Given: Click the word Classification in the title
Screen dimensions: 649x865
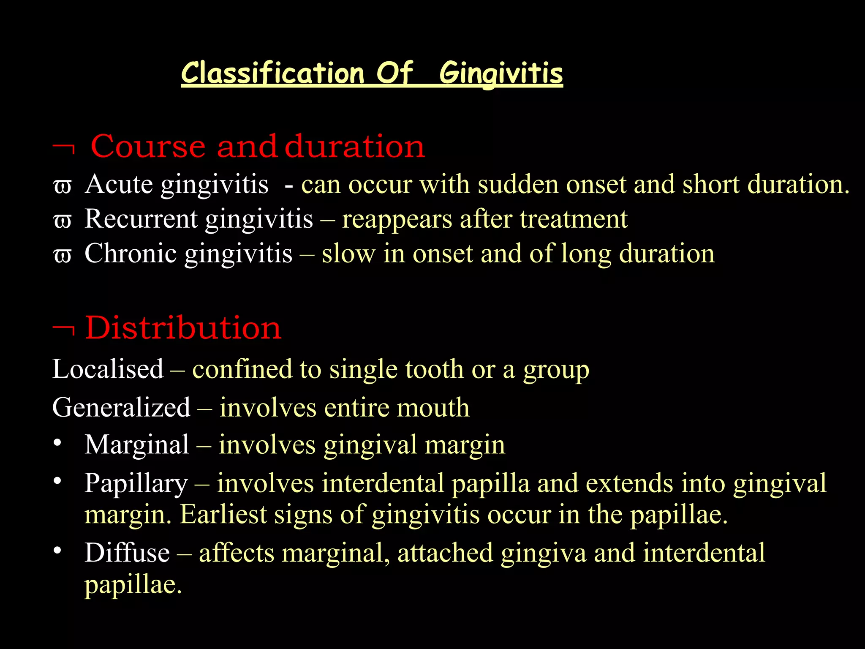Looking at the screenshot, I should coord(272,73).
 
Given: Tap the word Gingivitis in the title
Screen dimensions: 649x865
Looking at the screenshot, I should coord(501,74).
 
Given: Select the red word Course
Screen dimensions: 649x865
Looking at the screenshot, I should coord(148,146).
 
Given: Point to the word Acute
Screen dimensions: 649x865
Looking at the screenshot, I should coord(119,184).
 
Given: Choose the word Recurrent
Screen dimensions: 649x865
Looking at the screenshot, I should coord(141,219).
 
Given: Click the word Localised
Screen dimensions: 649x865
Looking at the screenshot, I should coord(108,369).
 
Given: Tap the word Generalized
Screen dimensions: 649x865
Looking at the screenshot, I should coord(121,407).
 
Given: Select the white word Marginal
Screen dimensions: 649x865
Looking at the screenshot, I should coord(137,445).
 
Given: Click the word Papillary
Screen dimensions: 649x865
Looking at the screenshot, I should coord(136,483).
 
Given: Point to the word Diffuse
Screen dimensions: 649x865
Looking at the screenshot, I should coord(127,553).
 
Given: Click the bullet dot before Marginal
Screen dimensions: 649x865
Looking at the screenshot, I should coord(58,443).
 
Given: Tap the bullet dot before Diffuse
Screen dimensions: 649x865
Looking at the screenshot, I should coord(58,551).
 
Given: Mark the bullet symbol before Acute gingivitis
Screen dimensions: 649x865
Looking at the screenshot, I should coord(63,186).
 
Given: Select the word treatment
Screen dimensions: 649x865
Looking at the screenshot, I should coord(574,219).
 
